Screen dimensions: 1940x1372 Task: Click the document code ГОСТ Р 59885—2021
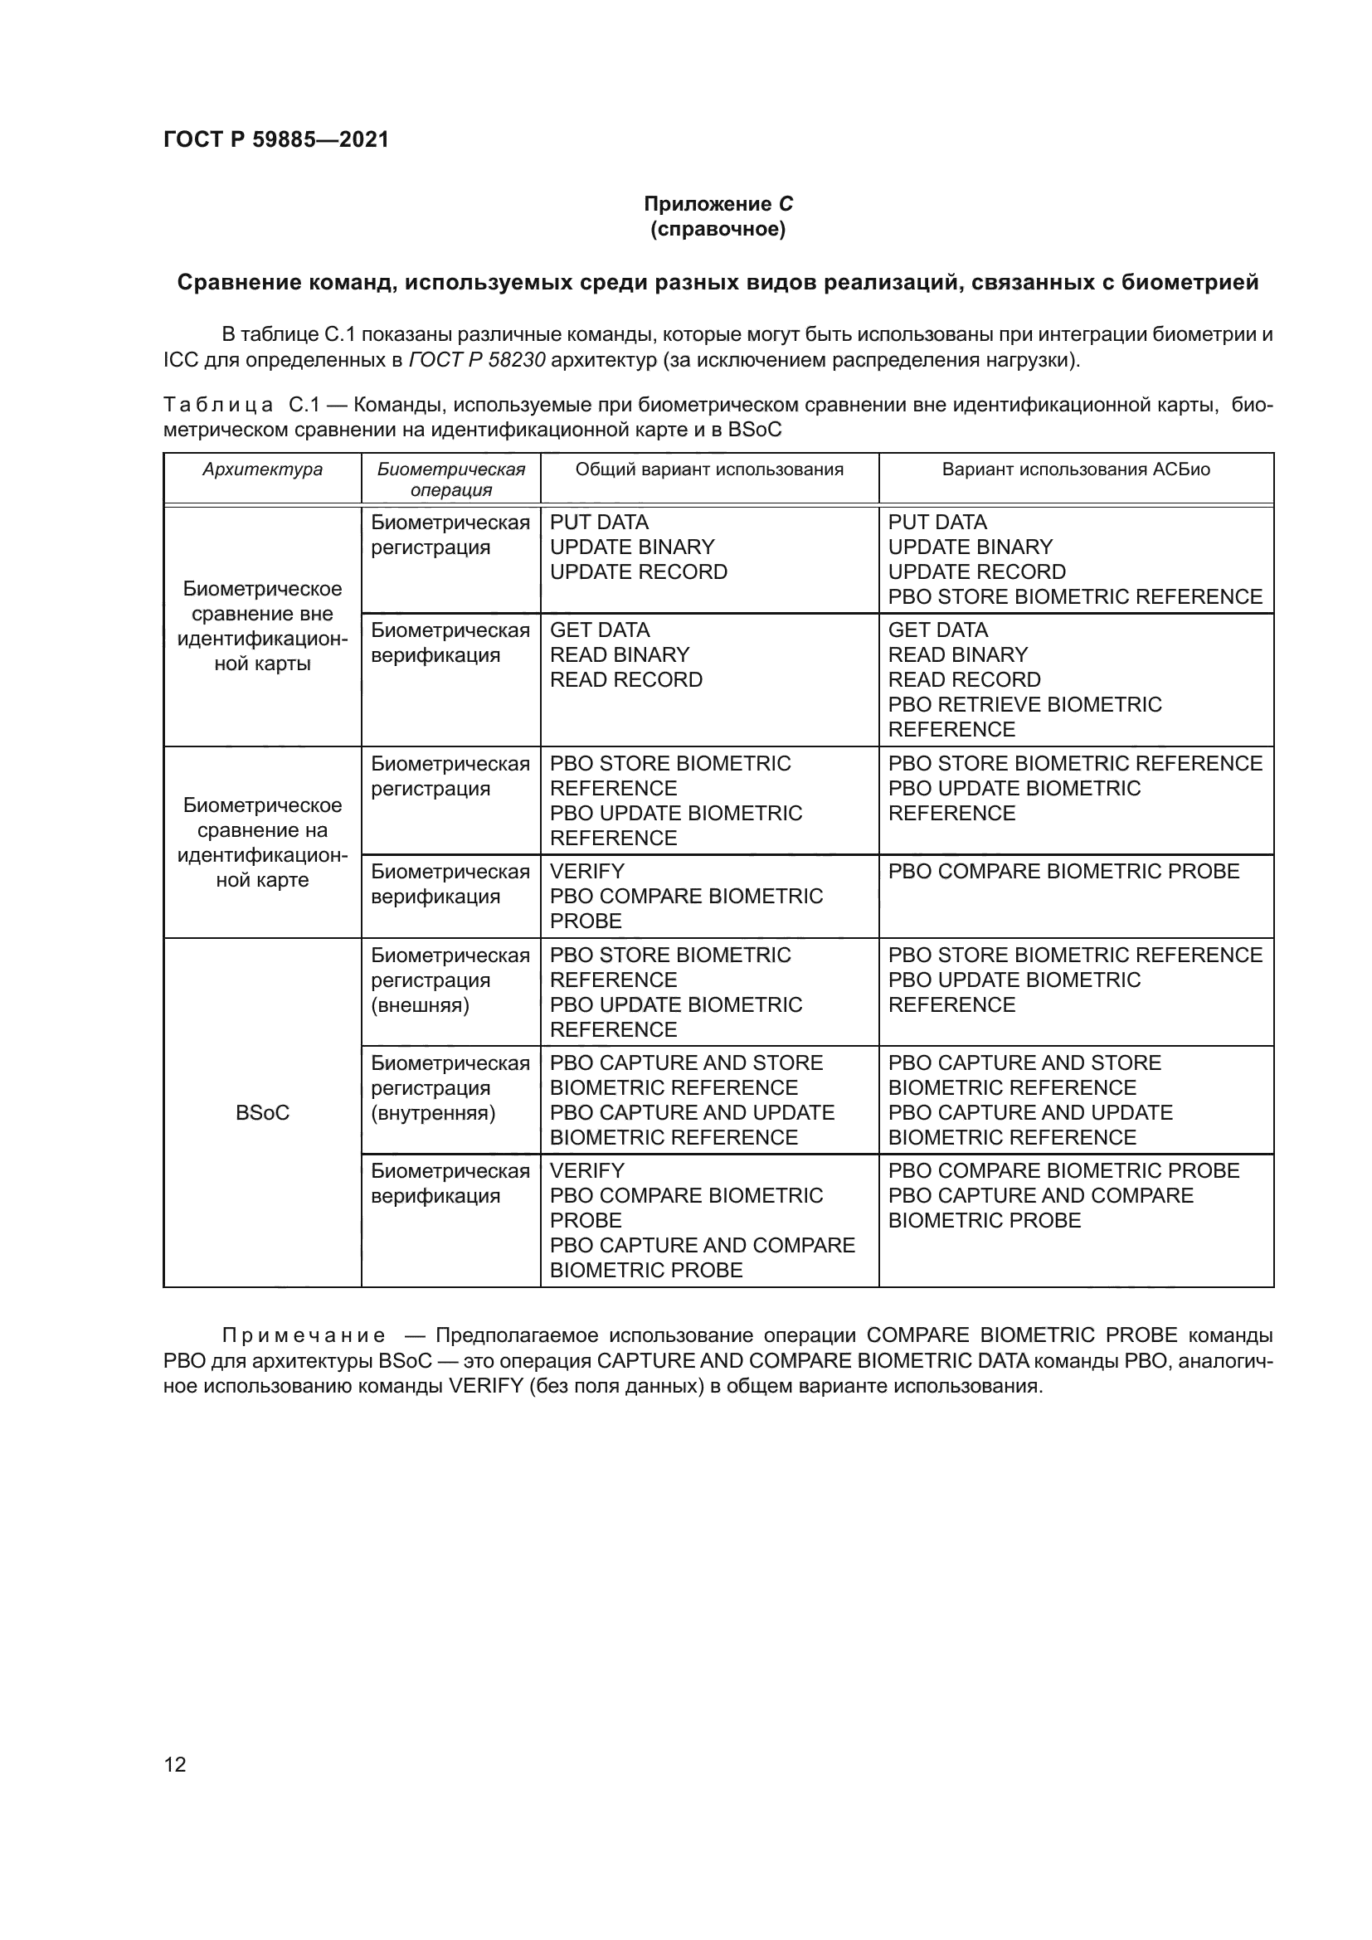276,139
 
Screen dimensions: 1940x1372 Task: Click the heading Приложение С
718,204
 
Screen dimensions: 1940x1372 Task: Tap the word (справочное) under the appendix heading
718,229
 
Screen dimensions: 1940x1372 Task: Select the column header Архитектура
262,469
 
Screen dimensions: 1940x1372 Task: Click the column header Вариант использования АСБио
1076,469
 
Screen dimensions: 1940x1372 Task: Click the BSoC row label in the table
262,1113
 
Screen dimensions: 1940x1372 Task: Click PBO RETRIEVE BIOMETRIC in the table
1024,705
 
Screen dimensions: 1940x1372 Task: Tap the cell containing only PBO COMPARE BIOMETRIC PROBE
1063,871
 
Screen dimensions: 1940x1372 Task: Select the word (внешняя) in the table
420,1005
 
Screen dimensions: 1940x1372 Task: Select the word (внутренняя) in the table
432,1113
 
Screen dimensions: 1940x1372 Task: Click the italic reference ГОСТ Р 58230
476,360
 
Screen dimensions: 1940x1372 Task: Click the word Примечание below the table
304,1336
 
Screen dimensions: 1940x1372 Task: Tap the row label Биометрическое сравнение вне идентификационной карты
262,626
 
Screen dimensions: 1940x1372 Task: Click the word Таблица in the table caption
218,406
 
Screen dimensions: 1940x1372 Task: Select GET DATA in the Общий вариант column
599,630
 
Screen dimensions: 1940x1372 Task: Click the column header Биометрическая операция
451,479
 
